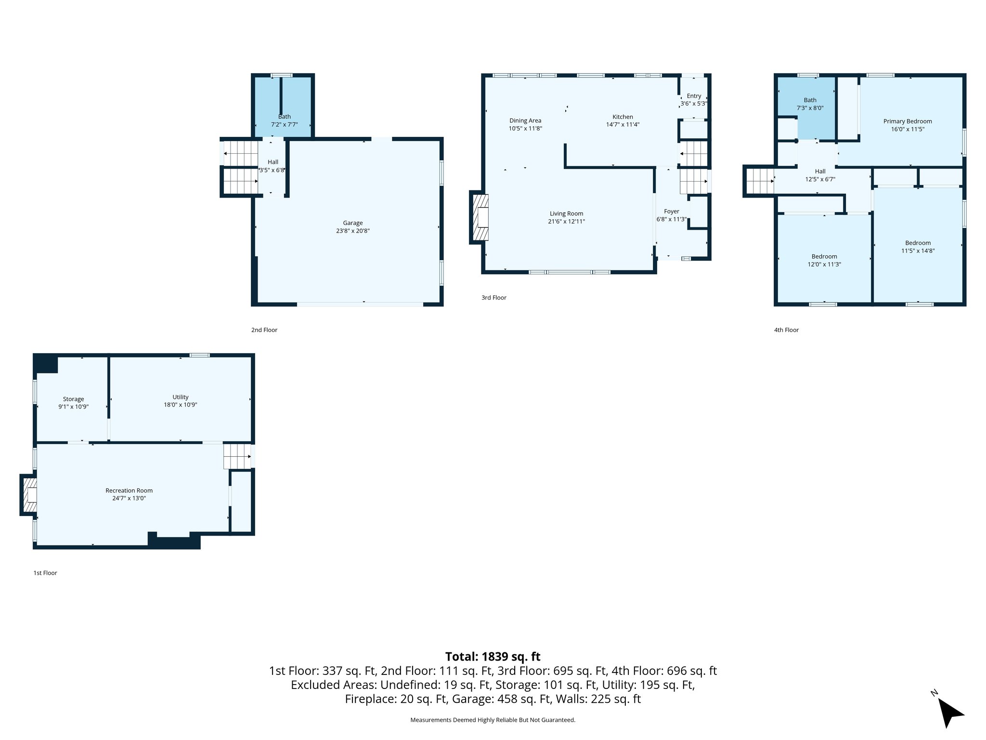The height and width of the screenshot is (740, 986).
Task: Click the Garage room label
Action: pos(352,223)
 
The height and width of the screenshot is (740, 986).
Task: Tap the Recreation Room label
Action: pos(129,490)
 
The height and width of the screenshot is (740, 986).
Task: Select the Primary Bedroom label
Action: pos(907,121)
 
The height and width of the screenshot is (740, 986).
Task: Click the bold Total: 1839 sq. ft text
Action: pos(493,657)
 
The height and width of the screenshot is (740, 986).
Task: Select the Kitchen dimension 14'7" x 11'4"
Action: pos(622,125)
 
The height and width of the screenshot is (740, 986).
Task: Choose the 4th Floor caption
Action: pos(786,330)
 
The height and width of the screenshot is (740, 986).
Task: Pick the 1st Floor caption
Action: pos(45,573)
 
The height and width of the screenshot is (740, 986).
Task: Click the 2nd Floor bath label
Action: pos(284,117)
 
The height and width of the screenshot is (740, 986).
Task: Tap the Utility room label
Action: pos(181,397)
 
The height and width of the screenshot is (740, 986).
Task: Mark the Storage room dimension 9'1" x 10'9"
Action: pos(73,407)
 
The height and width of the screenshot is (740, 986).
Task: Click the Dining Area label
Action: pos(525,120)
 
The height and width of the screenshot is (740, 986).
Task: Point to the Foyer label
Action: pos(671,211)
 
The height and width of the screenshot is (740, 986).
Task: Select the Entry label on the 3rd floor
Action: pos(694,96)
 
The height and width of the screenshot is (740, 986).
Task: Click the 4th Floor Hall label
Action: pos(820,171)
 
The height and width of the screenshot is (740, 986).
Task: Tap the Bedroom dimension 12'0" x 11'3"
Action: pos(824,264)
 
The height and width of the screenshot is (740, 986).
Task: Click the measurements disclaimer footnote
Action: pos(493,720)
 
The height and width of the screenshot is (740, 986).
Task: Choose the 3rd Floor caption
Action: pos(493,298)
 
